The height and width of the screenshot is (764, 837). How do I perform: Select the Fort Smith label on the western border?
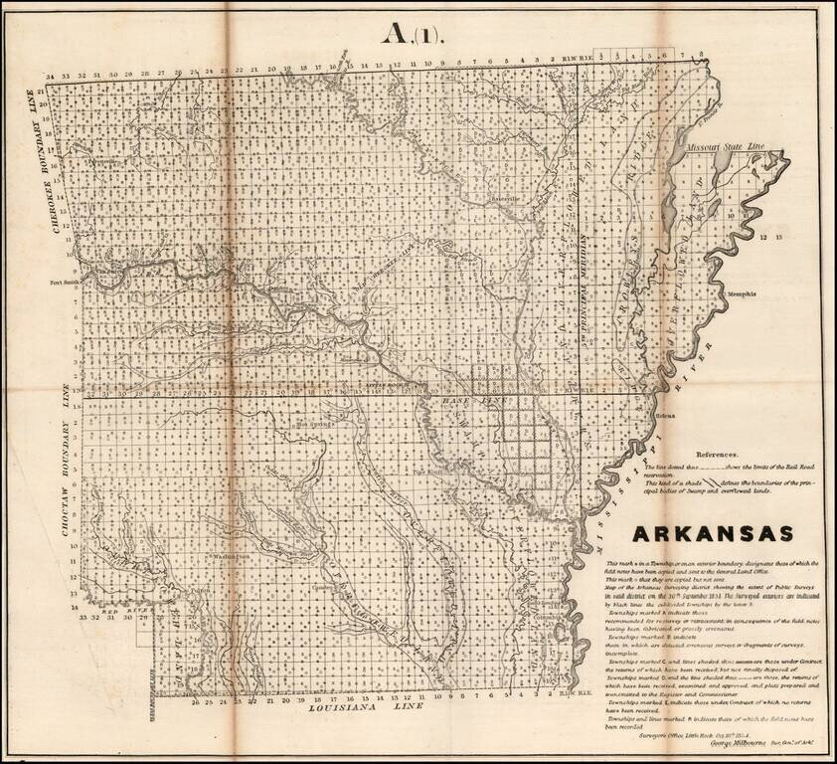click(62, 283)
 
